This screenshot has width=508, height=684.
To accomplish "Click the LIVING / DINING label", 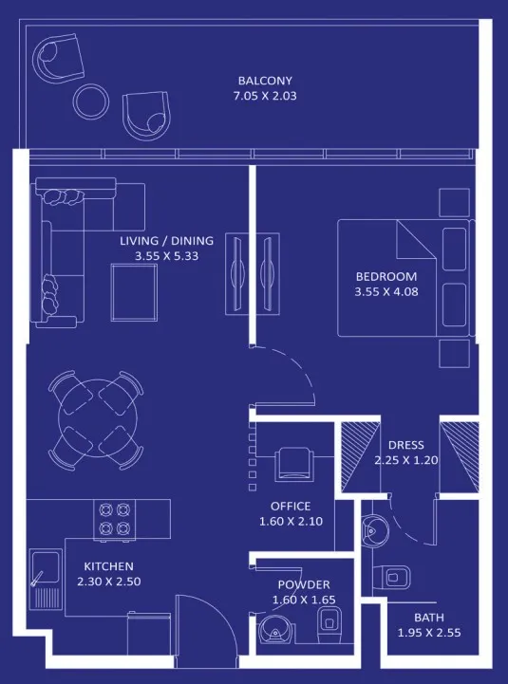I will [166, 241].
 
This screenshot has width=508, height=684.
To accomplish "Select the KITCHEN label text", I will [108, 566].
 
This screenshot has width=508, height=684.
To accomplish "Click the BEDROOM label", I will [386, 276].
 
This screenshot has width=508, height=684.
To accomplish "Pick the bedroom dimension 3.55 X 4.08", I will [386, 292].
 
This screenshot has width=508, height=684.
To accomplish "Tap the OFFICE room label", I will [290, 507].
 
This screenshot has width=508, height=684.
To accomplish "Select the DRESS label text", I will [406, 445].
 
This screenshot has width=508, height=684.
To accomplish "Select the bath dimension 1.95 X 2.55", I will [428, 633].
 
